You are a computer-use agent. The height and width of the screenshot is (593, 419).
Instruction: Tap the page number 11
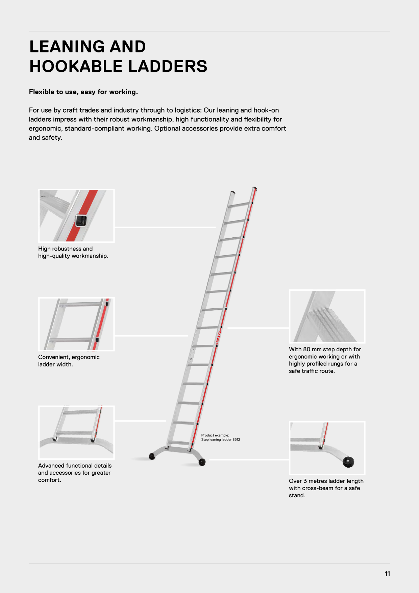click(x=387, y=574)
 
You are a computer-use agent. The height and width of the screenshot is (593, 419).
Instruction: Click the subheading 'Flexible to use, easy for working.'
click(x=83, y=92)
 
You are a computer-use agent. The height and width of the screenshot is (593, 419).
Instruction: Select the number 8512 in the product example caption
click(x=236, y=440)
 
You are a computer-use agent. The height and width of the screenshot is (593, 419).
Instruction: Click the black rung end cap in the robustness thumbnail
click(x=81, y=221)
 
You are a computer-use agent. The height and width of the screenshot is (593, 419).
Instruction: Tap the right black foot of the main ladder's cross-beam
click(x=202, y=462)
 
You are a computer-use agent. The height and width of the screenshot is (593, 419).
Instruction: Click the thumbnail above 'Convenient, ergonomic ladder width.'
click(x=76, y=324)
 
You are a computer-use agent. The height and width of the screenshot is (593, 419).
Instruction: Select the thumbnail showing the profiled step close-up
click(x=327, y=316)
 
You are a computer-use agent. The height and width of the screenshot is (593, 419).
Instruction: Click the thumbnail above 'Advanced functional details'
click(x=76, y=432)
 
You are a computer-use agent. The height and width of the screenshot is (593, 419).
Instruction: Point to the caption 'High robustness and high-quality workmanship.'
click(x=73, y=252)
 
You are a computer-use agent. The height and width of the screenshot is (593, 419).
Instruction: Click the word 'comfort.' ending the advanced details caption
click(x=50, y=480)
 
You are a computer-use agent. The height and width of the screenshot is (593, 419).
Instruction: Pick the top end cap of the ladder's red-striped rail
click(x=255, y=188)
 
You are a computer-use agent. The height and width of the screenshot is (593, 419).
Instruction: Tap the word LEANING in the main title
click(x=68, y=47)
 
